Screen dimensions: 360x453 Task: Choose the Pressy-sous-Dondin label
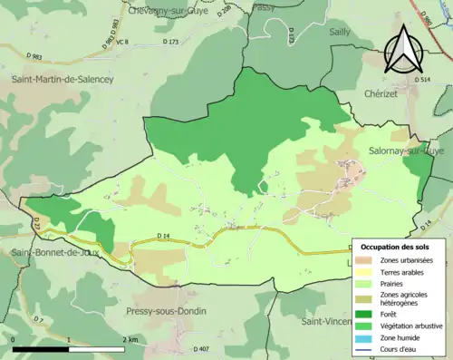click(166, 311)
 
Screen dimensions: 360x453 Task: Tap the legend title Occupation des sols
click(397, 247)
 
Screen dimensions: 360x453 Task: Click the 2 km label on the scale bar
click(132, 339)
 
